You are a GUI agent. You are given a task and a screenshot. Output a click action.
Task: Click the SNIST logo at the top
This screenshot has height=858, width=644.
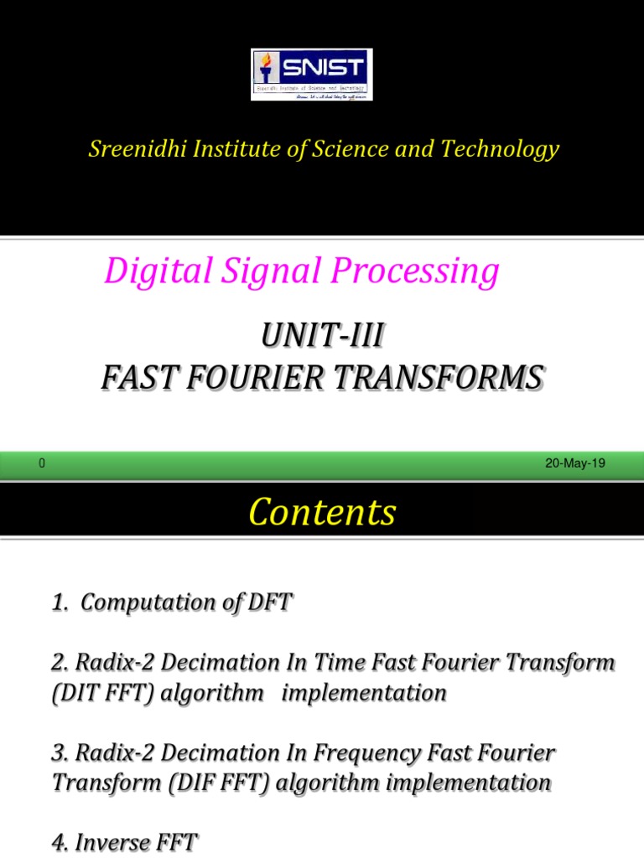(312, 75)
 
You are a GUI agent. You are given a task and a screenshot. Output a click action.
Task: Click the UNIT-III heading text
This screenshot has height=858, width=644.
(322, 339)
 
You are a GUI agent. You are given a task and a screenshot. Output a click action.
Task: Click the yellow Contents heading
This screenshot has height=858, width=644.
(322, 512)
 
